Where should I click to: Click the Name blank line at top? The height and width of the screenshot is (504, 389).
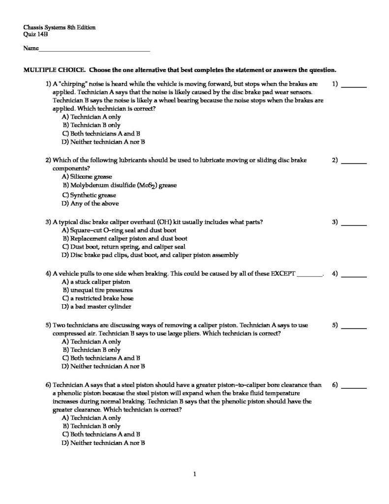pyautogui.click(x=94, y=50)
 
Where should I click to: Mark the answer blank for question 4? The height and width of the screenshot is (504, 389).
pyautogui.click(x=354, y=274)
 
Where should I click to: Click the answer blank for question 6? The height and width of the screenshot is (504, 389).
pyautogui.click(x=354, y=386)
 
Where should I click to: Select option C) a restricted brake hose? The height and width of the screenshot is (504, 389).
pyautogui.click(x=98, y=298)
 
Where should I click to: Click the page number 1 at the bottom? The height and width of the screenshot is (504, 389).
pyautogui.click(x=195, y=474)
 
